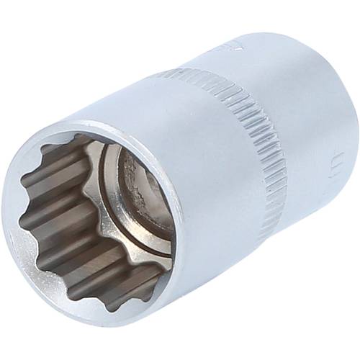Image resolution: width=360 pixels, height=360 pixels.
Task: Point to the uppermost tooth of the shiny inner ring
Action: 97,148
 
